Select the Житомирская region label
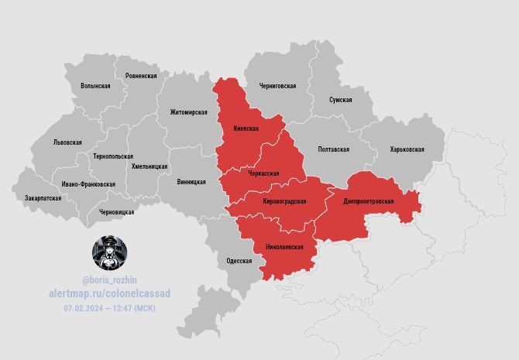[x=188, y=112]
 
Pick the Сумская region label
[x=340, y=100]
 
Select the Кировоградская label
[x=284, y=201]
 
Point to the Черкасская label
[x=263, y=175]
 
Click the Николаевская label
[x=280, y=247]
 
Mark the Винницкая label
[x=191, y=182]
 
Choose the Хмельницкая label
[x=150, y=166]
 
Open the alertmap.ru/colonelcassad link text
[x=109, y=293]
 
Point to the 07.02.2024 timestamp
[x=109, y=308]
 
